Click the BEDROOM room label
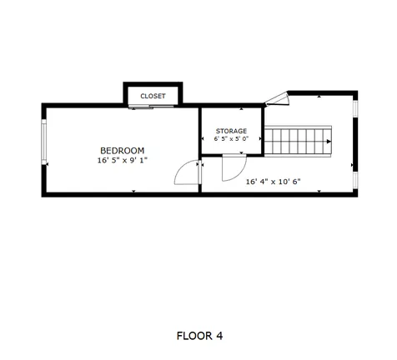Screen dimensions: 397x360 pyautogui.click(x=123, y=151)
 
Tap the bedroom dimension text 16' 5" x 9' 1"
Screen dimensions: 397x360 pyautogui.click(x=123, y=160)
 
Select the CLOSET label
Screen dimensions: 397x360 pyautogui.click(x=153, y=96)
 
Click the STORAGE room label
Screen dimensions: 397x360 pyautogui.click(x=231, y=131)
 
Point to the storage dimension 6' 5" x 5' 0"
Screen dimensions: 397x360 pyautogui.click(x=231, y=138)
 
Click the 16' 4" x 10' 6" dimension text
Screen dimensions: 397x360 pyautogui.click(x=274, y=182)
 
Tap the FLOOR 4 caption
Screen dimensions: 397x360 pyautogui.click(x=199, y=336)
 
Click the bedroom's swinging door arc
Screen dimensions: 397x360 pyautogui.click(x=180, y=167)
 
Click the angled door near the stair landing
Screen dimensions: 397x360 pyautogui.click(x=277, y=99)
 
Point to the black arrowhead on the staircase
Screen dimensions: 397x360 pyautogui.click(x=329, y=142)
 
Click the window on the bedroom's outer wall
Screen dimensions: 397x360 pyautogui.click(x=43, y=142)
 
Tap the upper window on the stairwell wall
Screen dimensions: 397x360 pyautogui.click(x=355, y=108)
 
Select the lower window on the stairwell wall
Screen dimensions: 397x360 pyautogui.click(x=355, y=180)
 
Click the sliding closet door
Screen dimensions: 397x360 pyautogui.click(x=151, y=107)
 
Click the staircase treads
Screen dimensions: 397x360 pyautogui.click(x=298, y=142)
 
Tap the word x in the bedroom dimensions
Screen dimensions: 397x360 pyautogui.click(x=125, y=161)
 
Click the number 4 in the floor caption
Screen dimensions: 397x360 pyautogui.click(x=219, y=336)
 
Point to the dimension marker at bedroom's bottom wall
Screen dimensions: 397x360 pyautogui.click(x=133, y=191)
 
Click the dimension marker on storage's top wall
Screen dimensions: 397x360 pyautogui.click(x=241, y=109)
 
